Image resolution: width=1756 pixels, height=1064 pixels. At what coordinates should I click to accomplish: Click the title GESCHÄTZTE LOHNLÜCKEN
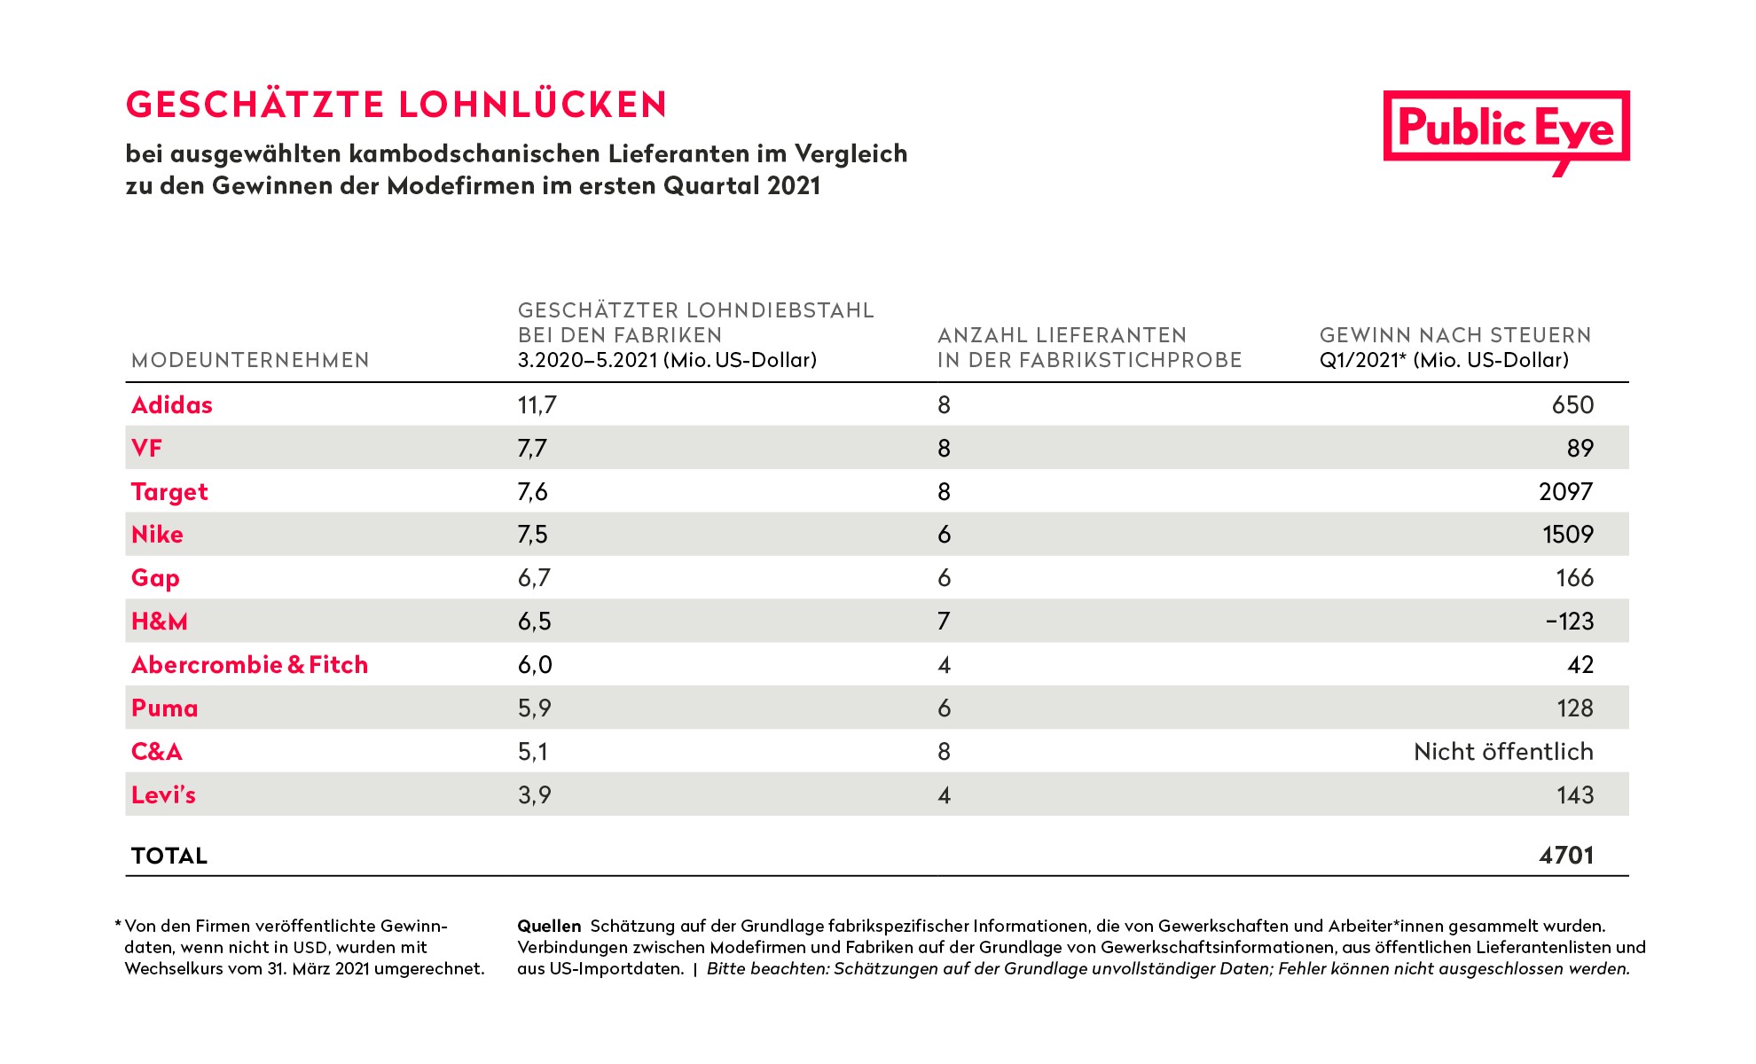point(396,104)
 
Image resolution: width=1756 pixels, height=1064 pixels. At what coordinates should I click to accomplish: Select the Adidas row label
point(172,405)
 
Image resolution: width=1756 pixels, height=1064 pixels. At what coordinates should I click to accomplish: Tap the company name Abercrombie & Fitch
point(249,665)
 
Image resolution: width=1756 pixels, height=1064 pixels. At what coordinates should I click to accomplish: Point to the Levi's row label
point(163,795)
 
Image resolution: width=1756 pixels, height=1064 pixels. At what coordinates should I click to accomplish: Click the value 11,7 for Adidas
point(537,405)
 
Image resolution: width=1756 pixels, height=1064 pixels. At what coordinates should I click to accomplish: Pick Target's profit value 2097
point(1566,492)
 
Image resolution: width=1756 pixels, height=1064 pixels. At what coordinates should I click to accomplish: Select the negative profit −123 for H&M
point(1570,622)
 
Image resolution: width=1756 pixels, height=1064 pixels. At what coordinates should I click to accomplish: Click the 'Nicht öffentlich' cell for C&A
point(1503,752)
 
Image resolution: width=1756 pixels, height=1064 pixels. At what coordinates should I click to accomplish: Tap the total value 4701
point(1566,856)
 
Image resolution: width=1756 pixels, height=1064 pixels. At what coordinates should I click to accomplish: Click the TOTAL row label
point(169,856)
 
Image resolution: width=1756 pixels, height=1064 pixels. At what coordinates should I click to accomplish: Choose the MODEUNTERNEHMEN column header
point(250,360)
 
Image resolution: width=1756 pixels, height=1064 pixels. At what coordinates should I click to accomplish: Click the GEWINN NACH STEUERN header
point(1455,335)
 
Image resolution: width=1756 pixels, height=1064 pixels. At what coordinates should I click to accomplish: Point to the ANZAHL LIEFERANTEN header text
point(1062,335)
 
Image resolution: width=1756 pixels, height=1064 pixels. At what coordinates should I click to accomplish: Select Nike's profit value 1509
point(1568,535)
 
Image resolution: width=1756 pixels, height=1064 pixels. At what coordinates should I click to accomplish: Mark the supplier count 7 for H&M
point(944,622)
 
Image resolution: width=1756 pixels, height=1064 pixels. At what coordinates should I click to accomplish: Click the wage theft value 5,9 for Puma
point(534,708)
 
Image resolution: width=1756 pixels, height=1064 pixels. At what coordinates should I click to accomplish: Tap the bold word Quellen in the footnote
point(549,927)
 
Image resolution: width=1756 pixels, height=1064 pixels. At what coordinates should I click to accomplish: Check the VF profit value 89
point(1580,449)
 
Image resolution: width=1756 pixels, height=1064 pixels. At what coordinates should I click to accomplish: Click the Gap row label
point(155,579)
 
